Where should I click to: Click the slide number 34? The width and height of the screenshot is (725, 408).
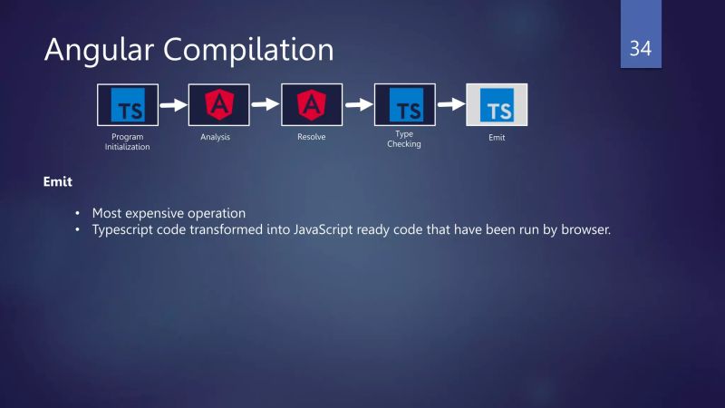coord(641,48)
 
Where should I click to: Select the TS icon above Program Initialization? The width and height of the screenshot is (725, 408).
coord(128,105)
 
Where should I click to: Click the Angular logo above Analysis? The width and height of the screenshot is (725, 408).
coord(218,105)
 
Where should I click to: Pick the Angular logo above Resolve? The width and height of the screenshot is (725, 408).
coord(312,105)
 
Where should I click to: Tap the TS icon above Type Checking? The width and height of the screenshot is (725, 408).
coord(404,105)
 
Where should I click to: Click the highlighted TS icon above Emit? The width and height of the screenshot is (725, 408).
coord(497,105)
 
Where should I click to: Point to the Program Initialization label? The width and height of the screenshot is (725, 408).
coord(128,141)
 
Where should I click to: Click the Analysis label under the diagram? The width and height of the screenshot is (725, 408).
coord(216,137)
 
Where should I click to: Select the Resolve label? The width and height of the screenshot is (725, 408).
coord(312,137)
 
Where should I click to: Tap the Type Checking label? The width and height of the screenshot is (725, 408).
coord(404,139)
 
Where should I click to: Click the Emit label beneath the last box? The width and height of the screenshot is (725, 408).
coord(497,138)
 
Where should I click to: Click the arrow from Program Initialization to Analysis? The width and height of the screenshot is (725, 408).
coord(173,104)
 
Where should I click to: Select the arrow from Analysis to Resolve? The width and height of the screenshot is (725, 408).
coord(266,104)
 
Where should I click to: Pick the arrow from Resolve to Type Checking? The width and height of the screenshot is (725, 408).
coord(359,104)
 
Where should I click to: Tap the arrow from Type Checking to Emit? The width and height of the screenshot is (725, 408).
coord(450,104)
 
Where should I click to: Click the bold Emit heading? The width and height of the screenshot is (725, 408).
coord(57,182)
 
